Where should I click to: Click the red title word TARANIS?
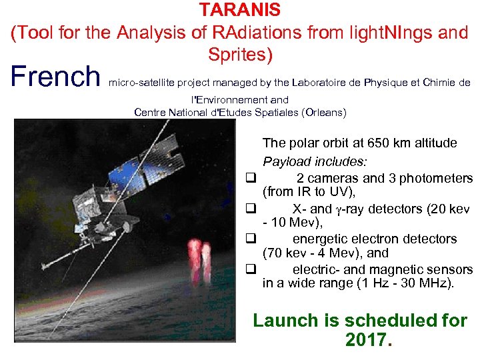(240, 11)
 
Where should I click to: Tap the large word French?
(54, 77)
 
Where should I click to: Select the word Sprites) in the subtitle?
(240, 55)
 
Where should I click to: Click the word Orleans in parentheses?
(324, 113)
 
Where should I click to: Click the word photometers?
(437, 178)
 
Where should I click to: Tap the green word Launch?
(286, 321)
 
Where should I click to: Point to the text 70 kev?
(283, 254)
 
